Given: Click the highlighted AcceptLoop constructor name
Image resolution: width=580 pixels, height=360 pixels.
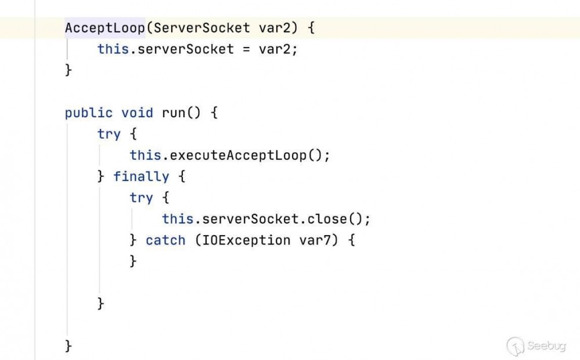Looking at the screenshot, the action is [x=105, y=28].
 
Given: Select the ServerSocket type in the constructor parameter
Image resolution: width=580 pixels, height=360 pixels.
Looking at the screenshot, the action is [x=201, y=28].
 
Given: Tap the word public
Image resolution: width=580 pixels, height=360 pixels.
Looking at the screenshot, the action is [x=89, y=113].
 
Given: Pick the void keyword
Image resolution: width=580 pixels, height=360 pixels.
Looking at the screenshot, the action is [x=137, y=113].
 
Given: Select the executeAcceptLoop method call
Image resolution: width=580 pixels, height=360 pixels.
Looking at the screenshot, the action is [x=238, y=156].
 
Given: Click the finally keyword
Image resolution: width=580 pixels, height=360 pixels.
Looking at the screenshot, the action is [x=141, y=177].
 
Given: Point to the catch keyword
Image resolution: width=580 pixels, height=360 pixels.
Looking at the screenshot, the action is [x=165, y=240].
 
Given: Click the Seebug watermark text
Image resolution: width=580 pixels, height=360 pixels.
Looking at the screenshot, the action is [x=547, y=346].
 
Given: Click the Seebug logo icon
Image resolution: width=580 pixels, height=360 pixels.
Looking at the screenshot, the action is [x=516, y=347].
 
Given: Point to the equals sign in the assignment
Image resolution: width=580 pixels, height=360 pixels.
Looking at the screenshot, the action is [x=246, y=49].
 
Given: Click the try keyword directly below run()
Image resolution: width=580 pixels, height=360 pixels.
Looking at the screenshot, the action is [x=109, y=134].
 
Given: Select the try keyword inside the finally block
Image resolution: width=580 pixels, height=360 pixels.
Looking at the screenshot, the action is [x=141, y=198].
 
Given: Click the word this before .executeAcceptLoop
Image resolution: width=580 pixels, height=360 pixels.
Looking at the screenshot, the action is [x=145, y=156].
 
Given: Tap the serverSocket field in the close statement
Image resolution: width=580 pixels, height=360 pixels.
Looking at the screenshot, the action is [x=250, y=219].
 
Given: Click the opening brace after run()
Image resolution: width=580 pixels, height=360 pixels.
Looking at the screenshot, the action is [x=214, y=113].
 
